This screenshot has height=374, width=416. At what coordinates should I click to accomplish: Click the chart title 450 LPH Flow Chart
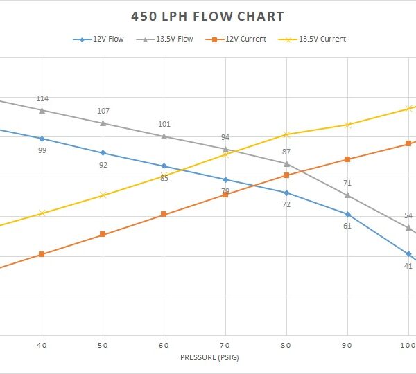coord(208,17)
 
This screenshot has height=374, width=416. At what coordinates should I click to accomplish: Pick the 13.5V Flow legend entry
coord(168,39)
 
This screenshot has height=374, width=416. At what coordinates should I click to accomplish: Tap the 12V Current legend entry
coord(236,39)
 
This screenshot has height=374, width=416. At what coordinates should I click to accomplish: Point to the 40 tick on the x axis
coord(42,344)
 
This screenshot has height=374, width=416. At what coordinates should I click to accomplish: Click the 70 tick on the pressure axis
coord(225,344)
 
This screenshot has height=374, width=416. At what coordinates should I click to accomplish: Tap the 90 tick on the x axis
coord(347,344)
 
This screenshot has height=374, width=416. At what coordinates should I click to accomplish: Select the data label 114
coord(42,98)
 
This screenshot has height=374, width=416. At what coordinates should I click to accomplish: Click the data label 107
coord(103,111)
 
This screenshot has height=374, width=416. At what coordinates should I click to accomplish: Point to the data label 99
coord(42,150)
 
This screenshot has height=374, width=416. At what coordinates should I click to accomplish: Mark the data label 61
coord(347,226)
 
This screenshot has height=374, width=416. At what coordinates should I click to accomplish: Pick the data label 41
coord(408,265)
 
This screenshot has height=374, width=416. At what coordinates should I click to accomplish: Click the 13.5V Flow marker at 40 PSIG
coord(42,110)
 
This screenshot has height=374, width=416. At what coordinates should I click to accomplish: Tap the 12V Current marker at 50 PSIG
coord(103,234)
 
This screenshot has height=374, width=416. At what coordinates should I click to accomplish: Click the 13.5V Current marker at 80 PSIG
coord(286,134)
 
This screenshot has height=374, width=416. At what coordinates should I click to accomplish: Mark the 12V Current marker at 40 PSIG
coord(42,254)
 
